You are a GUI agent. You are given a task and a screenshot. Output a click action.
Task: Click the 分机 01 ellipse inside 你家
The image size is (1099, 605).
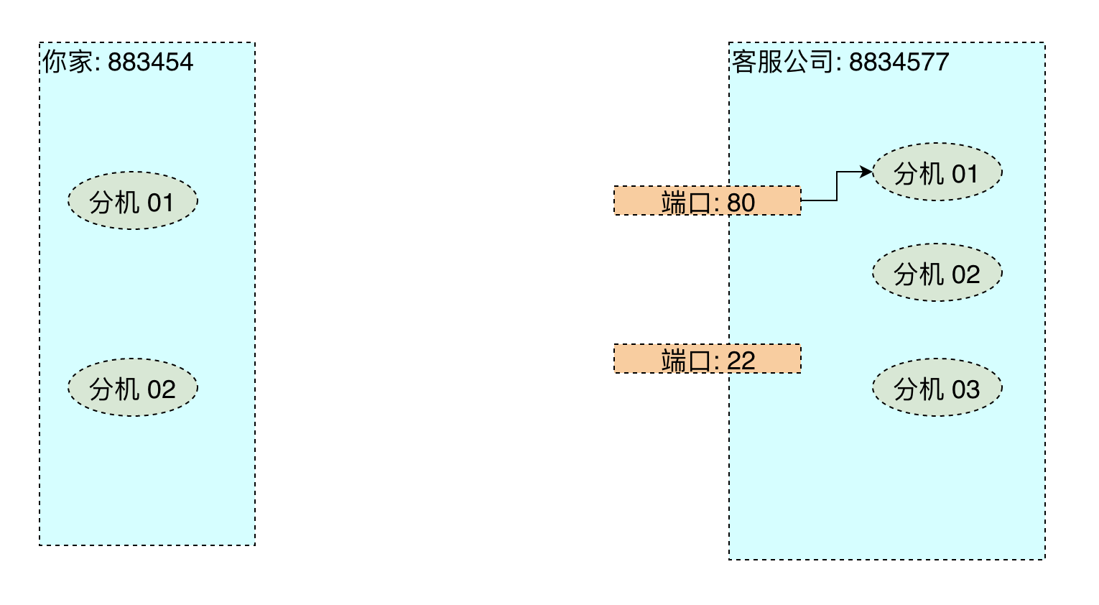pyautogui.click(x=133, y=200)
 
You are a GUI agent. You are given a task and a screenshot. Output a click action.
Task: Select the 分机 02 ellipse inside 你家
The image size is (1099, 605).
pyautogui.click(x=133, y=387)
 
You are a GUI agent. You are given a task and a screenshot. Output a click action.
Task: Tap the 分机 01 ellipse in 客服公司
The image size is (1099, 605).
pyautogui.click(x=937, y=172)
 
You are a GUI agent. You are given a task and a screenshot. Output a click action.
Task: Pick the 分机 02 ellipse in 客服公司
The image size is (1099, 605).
pyautogui.click(x=937, y=272)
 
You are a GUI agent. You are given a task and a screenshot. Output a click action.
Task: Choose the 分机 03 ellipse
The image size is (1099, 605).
pyautogui.click(x=937, y=387)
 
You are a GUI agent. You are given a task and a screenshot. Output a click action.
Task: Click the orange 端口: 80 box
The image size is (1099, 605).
pyautogui.click(x=708, y=200)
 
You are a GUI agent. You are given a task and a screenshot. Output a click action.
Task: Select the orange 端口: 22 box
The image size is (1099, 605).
pyautogui.click(x=708, y=359)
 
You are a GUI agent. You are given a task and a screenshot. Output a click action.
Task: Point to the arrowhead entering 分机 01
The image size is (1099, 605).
pyautogui.click(x=867, y=172)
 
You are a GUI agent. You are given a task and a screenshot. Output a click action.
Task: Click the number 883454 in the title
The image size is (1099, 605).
pyautogui.click(x=150, y=62)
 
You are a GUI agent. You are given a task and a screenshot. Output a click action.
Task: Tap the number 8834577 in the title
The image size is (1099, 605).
pyautogui.click(x=899, y=62)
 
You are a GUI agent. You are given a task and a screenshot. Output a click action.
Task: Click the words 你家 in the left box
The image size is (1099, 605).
pyautogui.click(x=67, y=62)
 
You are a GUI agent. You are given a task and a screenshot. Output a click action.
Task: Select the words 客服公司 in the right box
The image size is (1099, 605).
pyautogui.click(x=782, y=62)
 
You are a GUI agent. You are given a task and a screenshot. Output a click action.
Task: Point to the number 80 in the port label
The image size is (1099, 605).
pyautogui.click(x=741, y=203)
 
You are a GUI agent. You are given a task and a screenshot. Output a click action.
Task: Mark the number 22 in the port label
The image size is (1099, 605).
pyautogui.click(x=741, y=361)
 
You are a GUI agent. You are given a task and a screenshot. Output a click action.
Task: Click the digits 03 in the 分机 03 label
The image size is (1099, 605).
pyautogui.click(x=965, y=389)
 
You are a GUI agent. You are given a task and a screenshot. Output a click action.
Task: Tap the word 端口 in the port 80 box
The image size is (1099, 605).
pyautogui.click(x=685, y=203)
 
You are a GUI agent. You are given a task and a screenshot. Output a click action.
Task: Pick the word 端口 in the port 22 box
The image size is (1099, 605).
pyautogui.click(x=685, y=361)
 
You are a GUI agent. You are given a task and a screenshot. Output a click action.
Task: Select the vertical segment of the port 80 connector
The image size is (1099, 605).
pyautogui.click(x=837, y=186)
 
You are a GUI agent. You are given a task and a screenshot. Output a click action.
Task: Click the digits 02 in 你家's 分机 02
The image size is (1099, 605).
pyautogui.click(x=161, y=389)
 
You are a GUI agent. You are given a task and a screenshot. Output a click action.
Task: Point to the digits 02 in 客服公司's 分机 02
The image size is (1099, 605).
pyautogui.click(x=965, y=274)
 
